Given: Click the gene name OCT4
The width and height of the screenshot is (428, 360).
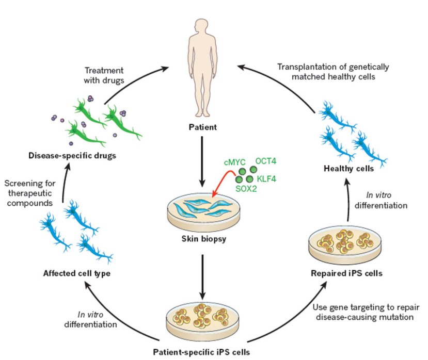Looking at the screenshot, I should [x=267, y=161].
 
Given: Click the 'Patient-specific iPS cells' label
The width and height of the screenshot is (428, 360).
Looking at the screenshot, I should [x=201, y=352].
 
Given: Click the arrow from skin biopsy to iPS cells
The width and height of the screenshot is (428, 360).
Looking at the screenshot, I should [x=202, y=278].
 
